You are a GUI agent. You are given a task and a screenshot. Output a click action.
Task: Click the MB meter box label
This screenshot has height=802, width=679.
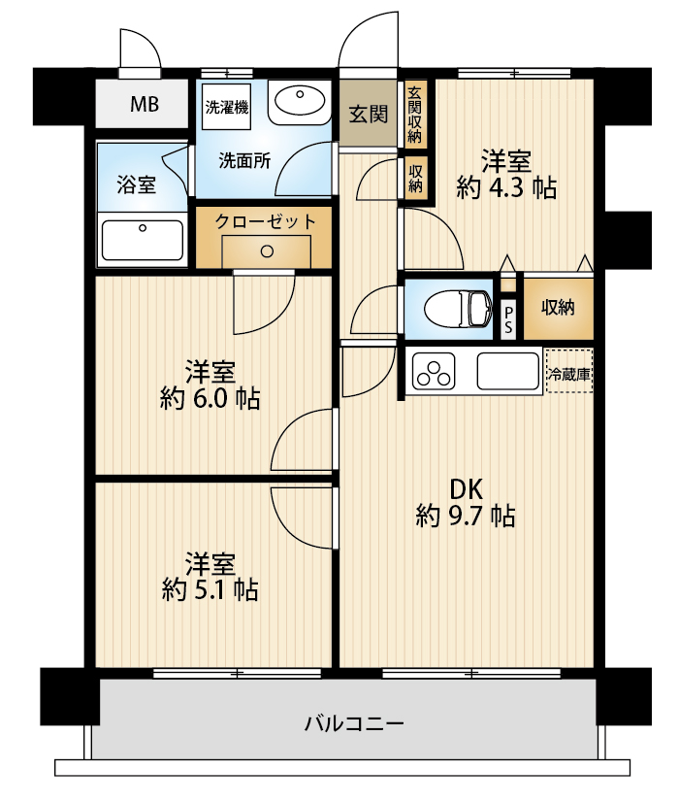click(x=145, y=104)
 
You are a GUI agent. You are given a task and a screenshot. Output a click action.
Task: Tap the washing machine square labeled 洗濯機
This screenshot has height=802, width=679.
click(x=227, y=107)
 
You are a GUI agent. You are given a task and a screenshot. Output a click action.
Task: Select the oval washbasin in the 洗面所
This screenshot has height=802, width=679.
click(x=300, y=101)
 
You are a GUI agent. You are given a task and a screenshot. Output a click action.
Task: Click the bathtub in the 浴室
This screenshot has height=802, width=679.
click(x=143, y=240)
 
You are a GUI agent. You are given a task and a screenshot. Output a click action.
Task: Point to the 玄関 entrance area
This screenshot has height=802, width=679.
click(x=368, y=114)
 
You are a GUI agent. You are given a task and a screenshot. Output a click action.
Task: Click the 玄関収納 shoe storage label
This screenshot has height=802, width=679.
click(x=415, y=115)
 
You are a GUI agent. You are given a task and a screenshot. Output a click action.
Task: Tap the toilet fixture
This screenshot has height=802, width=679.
click(x=458, y=309)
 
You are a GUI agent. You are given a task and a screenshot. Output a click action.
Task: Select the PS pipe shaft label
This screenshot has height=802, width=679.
click(x=508, y=318)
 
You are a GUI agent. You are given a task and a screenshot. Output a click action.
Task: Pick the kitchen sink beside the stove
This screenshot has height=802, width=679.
click(x=508, y=371)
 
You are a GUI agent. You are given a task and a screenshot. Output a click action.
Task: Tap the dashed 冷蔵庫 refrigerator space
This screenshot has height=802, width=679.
click(x=569, y=371)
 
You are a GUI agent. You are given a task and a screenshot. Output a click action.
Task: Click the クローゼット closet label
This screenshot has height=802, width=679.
click(x=266, y=222)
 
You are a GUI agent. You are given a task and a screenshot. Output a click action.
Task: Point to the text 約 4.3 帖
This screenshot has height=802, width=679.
click(x=506, y=188)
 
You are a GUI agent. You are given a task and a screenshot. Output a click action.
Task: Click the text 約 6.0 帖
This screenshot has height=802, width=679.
click(x=210, y=399)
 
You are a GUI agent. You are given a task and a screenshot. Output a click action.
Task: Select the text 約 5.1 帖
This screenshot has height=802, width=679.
click(x=210, y=590)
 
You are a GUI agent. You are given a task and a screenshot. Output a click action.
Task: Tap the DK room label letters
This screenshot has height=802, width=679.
click(x=466, y=489)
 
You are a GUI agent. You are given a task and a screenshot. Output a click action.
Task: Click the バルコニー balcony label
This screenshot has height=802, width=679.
click(x=355, y=723)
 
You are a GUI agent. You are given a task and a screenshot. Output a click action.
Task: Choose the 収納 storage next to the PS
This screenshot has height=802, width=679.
click(x=558, y=308)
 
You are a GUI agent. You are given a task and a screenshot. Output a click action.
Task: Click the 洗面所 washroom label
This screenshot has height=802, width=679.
click(x=244, y=160)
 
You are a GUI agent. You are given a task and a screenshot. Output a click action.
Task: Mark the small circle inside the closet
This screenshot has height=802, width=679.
click(x=267, y=251)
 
